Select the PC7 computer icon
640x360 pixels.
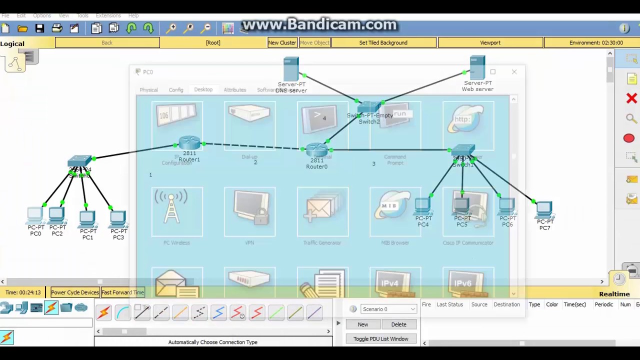(x=544, y=209)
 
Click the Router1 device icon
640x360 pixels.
(x=189, y=143)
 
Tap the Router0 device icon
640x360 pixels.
(x=316, y=149)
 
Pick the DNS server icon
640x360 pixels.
(x=291, y=69)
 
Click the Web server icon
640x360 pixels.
(x=477, y=67)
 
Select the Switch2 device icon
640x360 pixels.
(x=369, y=107)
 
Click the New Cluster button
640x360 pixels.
(x=282, y=42)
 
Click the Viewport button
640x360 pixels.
(x=490, y=42)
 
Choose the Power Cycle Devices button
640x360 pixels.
(x=75, y=292)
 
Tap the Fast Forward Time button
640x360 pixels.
(x=122, y=292)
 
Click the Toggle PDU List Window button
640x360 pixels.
(x=380, y=339)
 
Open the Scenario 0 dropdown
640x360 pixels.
(x=388, y=309)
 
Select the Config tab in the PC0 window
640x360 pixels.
(x=176, y=90)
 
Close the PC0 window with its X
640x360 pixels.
(x=514, y=72)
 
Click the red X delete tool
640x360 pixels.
(x=631, y=98)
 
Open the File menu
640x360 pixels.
(x=5, y=15)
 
